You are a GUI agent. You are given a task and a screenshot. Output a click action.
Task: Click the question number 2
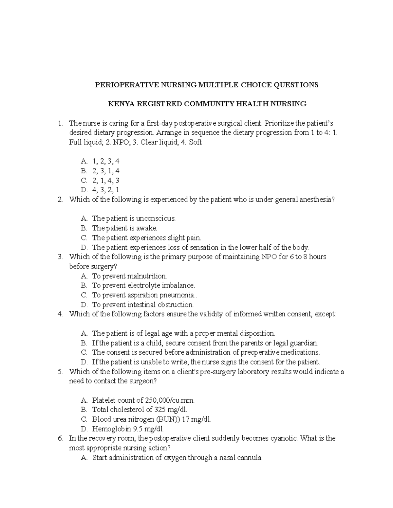coord(60,200)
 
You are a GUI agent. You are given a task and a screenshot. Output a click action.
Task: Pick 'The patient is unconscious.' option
coord(134,218)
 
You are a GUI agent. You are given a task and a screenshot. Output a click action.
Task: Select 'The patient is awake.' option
coord(124,228)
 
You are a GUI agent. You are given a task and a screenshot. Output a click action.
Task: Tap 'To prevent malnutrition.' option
coord(129,276)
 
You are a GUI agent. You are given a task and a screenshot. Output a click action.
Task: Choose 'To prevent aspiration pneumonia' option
coord(144,295)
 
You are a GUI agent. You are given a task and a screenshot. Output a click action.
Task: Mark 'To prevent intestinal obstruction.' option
coord(143,305)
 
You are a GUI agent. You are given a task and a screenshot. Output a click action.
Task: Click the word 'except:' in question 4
coord(325,314)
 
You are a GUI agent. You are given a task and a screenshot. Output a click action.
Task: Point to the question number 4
coord(60,314)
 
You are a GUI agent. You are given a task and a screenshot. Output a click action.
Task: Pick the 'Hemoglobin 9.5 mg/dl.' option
coord(128,429)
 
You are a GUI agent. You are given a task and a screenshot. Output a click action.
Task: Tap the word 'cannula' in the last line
coord(250,458)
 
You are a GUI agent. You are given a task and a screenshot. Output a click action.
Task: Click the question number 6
coord(60,438)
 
